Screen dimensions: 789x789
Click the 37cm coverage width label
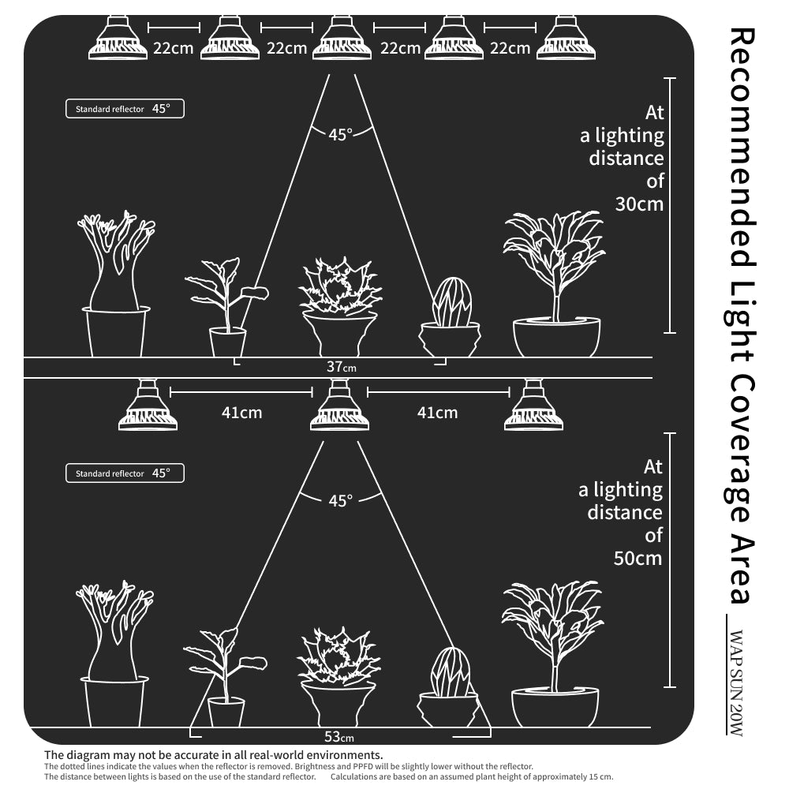coord(341,367)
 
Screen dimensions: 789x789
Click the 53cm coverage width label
coord(339,737)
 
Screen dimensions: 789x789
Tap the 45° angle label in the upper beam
coord(341,135)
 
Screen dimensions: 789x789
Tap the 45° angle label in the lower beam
coord(341,501)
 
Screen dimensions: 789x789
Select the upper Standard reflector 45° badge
coord(125,109)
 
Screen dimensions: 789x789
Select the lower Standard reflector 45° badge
coord(125,473)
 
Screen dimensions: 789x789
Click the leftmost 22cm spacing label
coord(173,48)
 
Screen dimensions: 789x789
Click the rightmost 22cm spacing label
coord(510,48)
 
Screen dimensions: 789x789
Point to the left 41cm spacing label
coord(241,413)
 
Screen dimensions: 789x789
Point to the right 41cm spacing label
coord(437,413)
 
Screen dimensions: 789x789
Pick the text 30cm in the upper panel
coord(639,204)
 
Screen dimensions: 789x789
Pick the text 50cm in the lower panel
coord(638,558)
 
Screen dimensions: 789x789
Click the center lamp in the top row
coord(342,38)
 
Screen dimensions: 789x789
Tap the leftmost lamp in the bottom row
coord(148,405)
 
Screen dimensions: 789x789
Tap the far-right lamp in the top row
coord(566,38)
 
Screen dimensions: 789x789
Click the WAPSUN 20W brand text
coord(735,682)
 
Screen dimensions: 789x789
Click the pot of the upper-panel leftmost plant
coord(116,331)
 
